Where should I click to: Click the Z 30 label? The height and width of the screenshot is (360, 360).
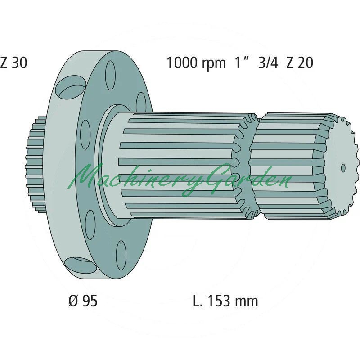tap(14, 63)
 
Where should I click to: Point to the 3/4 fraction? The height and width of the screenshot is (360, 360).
tap(268, 63)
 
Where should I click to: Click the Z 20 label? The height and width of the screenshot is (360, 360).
tap(300, 63)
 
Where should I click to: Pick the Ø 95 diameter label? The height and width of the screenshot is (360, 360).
tap(83, 301)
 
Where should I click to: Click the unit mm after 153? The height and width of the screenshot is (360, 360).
tap(246, 302)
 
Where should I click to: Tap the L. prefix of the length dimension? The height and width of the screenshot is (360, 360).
tap(199, 301)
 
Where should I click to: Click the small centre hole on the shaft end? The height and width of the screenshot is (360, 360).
tap(343, 168)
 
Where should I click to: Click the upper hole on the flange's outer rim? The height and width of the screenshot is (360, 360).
tap(70, 86)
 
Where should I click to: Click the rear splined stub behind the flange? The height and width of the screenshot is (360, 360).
tap(35, 164)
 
